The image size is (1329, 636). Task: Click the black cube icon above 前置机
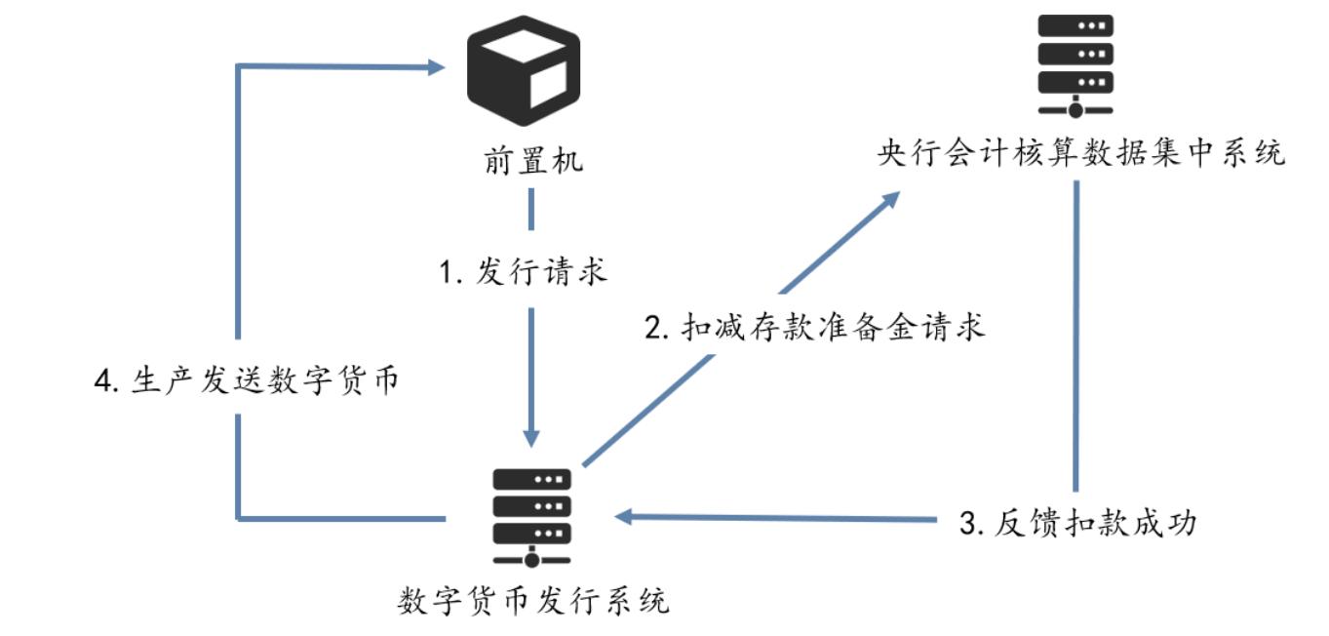pyautogui.click(x=523, y=70)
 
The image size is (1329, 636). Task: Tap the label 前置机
pyautogui.click(x=531, y=159)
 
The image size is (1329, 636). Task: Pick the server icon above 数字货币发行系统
pyautogui.click(x=531, y=517)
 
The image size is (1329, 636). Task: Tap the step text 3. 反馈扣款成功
pyautogui.click(x=1077, y=524)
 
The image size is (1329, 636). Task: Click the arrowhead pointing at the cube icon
pyautogui.click(x=437, y=66)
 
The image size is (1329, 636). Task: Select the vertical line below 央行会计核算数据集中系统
pyautogui.click(x=1075, y=332)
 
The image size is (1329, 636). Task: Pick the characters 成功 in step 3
pyautogui.click(x=1166, y=524)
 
